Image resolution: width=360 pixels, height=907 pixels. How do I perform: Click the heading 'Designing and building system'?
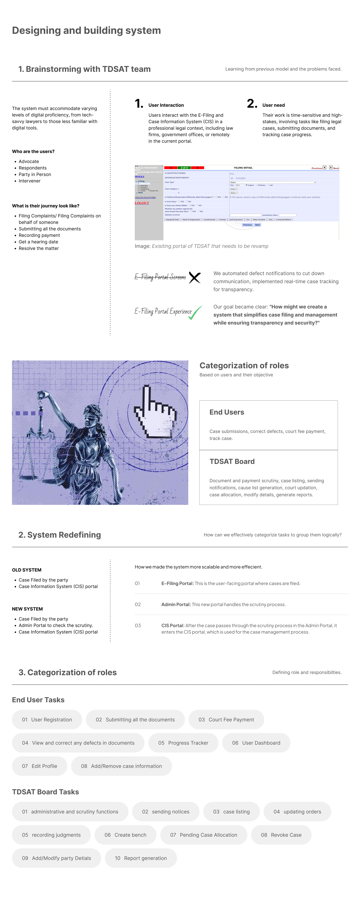86,31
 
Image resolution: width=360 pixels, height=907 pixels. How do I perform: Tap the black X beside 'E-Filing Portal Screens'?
194,277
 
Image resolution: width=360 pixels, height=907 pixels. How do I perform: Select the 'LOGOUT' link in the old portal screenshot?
142,203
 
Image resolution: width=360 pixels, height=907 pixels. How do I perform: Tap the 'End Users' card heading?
226,412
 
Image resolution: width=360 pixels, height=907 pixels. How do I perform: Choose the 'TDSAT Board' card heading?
232,462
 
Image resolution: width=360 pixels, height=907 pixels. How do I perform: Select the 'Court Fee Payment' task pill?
226,720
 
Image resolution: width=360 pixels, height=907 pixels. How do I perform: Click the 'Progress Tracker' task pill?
183,743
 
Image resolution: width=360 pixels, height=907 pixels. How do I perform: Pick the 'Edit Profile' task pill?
39,766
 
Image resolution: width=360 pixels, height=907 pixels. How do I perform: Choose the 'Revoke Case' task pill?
281,835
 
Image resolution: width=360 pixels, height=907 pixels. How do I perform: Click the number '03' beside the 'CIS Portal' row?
138,626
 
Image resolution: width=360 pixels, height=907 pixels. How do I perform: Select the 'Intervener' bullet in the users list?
30,181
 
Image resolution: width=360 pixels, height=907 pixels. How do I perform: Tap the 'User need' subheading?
273,105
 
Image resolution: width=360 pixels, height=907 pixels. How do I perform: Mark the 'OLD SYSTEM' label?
27,570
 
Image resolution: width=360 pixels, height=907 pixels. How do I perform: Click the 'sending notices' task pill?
166,812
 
